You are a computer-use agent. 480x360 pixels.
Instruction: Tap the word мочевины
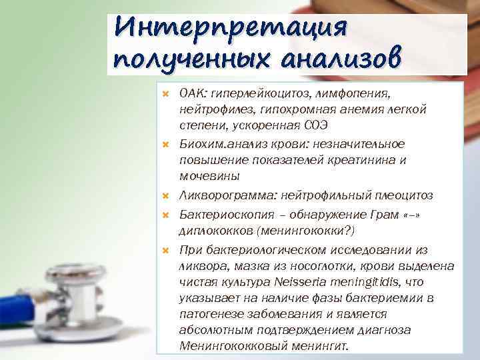pos(207,176)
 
